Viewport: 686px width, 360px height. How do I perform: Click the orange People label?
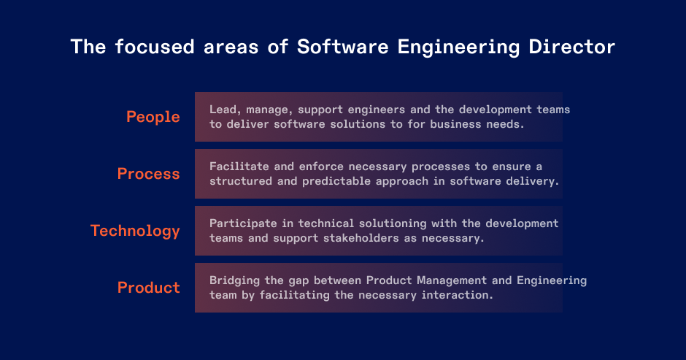coord(153,117)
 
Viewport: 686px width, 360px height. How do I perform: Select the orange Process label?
coord(148,174)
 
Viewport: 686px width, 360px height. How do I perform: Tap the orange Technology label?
coord(135,231)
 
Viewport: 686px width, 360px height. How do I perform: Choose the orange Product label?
coord(148,288)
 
